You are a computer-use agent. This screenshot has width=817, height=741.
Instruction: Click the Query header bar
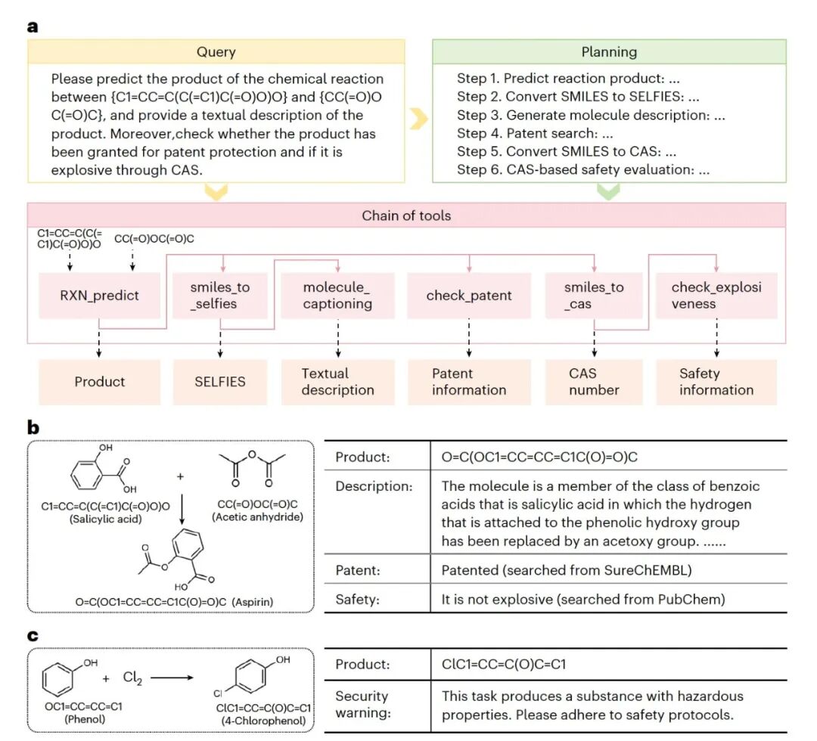pyautogui.click(x=216, y=52)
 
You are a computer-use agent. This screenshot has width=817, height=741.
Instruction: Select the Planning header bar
pyautogui.click(x=609, y=52)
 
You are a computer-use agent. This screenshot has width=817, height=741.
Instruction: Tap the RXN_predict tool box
pyautogui.click(x=100, y=296)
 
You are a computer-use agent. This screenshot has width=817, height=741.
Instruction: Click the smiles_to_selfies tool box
pyautogui.click(x=220, y=296)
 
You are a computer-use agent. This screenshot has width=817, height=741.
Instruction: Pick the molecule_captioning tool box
pyautogui.click(x=337, y=296)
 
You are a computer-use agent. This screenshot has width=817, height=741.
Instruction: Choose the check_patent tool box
pyautogui.click(x=469, y=296)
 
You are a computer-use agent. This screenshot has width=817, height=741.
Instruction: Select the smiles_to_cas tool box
pyautogui.click(x=594, y=296)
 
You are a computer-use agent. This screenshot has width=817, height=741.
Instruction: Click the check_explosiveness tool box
pyautogui.click(x=716, y=296)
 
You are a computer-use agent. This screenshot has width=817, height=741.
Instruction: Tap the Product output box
pyautogui.click(x=100, y=382)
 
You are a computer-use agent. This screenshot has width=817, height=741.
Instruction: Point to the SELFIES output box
pyautogui.click(x=220, y=382)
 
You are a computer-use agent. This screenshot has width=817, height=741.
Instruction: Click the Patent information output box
pyautogui.click(x=469, y=382)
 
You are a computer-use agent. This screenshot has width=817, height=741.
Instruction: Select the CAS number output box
pyautogui.click(x=594, y=382)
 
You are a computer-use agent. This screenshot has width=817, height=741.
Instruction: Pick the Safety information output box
pyautogui.click(x=716, y=382)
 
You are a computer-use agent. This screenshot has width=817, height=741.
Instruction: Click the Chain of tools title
pyautogui.click(x=406, y=215)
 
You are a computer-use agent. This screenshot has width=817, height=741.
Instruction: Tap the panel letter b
pyautogui.click(x=33, y=427)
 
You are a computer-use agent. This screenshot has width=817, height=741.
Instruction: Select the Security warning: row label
pyautogui.click(x=362, y=705)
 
